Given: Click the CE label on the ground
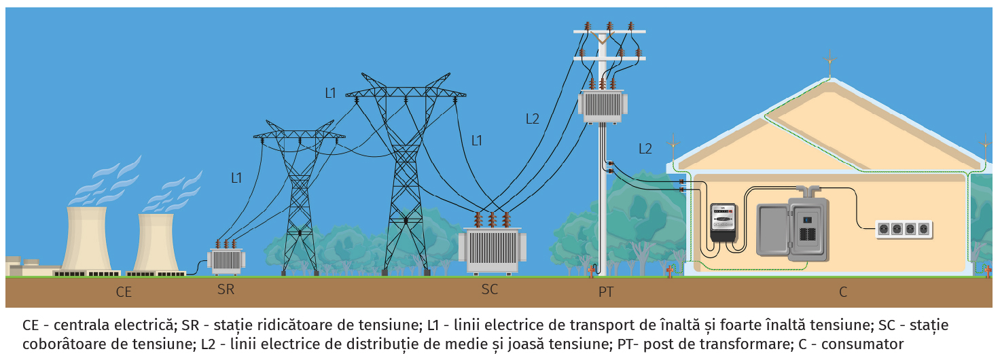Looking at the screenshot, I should click(123, 293).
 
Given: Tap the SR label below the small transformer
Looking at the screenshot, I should click(226, 290).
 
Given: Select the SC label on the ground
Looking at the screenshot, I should click(489, 290).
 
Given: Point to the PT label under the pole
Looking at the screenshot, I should click(606, 293).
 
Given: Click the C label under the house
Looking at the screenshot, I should click(843, 293).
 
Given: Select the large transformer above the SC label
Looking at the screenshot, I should click(493, 251).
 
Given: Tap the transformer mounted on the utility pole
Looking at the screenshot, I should click(603, 105).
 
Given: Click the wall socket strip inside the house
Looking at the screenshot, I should click(904, 229).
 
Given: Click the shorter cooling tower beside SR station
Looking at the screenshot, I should click(156, 243).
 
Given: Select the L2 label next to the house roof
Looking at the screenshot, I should click(645, 149).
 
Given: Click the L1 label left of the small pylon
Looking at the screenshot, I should click(236, 179).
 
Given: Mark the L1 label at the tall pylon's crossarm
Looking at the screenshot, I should click(330, 94).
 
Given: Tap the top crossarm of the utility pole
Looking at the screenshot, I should click(609, 32).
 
